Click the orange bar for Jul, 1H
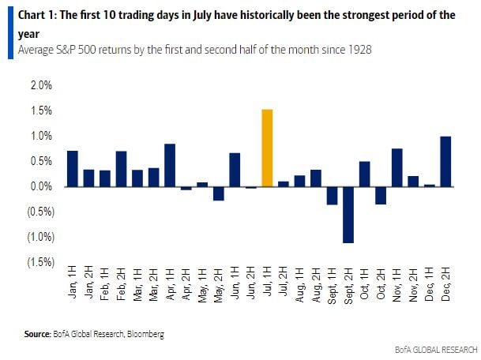267,148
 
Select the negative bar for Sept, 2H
348,214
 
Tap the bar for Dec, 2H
445,162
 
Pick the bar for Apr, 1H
170,165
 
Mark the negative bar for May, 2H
219,193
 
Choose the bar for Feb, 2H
121,168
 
